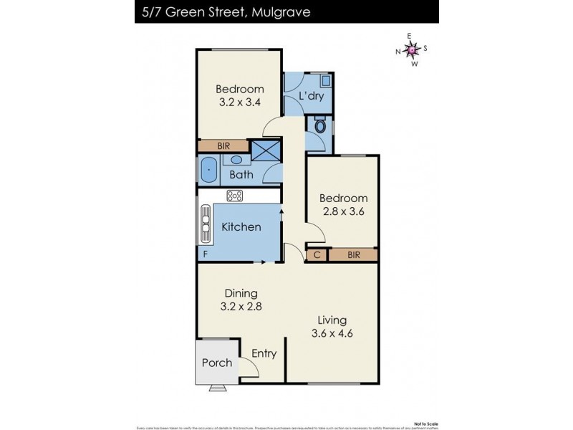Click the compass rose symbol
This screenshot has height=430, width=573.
coord(412,49)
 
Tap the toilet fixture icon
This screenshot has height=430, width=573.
coord(320,128)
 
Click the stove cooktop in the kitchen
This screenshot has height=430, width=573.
coord(235,196)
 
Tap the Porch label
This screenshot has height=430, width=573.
coord(216,362)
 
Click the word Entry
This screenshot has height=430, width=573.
coord(264,353)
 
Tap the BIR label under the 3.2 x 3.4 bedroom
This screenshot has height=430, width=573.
coord(223,145)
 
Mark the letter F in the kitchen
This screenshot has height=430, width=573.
coord(206,254)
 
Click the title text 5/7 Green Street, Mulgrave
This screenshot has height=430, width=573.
coord(223,11)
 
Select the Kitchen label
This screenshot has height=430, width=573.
coord(241,226)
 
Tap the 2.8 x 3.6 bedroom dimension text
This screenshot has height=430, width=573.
coord(343,211)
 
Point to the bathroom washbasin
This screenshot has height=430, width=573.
coord(236,160)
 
